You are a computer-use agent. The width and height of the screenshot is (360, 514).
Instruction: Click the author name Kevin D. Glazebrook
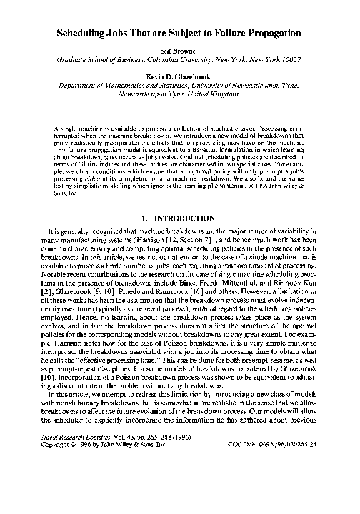tap(179, 74)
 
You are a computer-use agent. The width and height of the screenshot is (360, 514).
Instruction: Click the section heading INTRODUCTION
tap(189, 217)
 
